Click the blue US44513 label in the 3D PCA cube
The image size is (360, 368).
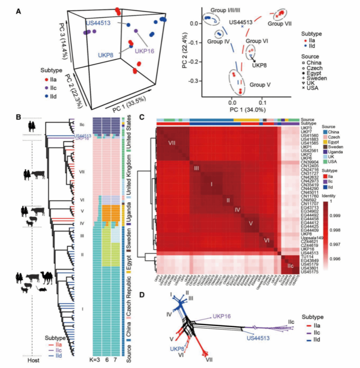tap(101, 22)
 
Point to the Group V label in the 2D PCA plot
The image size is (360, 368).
tap(259, 85)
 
